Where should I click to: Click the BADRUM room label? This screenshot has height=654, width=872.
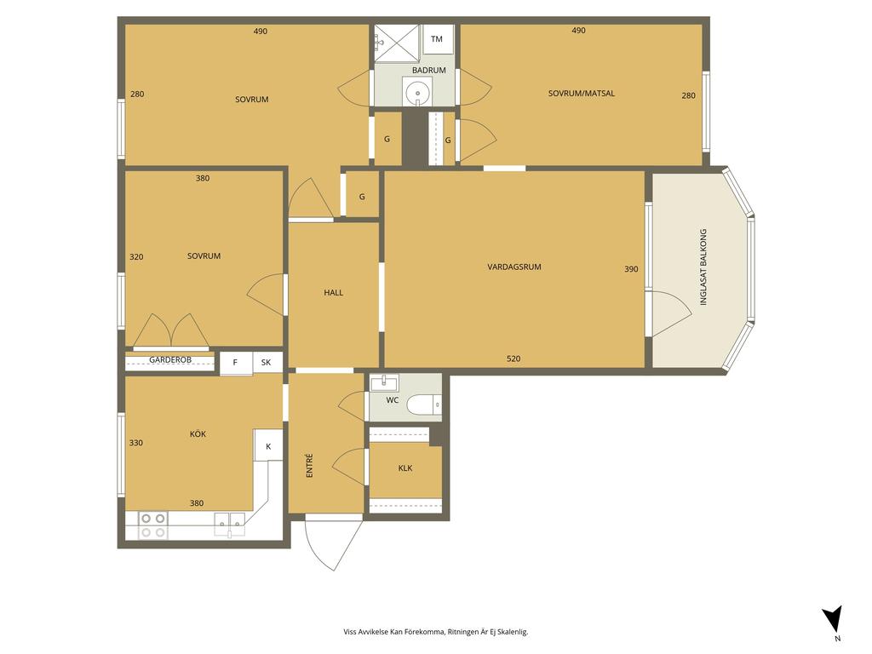[429, 71]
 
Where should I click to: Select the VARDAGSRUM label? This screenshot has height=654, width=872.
[514, 267]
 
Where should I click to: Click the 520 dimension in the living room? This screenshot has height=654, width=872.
[513, 359]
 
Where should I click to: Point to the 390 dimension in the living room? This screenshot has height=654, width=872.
[631, 269]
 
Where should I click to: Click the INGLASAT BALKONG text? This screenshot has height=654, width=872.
[703, 267]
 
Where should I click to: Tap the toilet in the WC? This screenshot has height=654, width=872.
[424, 404]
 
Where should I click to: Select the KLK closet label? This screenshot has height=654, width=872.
[405, 468]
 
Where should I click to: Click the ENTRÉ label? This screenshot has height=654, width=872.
[310, 466]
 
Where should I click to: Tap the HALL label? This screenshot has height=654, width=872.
[334, 293]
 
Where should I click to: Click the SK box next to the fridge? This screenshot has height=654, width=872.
[267, 363]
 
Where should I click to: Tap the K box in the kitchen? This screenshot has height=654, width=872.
[268, 445]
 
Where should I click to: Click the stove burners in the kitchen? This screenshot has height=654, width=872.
[153, 525]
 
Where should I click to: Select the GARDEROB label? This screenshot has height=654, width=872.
[170, 360]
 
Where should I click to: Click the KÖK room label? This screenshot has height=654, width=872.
[198, 434]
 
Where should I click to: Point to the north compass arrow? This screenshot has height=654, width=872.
[834, 618]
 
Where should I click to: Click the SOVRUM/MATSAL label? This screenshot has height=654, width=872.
[582, 94]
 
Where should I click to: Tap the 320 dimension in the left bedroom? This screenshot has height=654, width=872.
[136, 257]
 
